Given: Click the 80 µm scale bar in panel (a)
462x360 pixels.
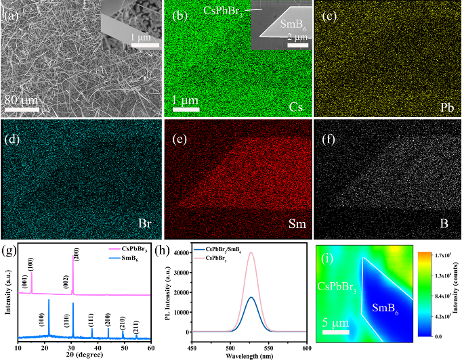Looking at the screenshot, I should pyautogui.click(x=22, y=108).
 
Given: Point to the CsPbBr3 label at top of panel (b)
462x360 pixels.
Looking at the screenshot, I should pyautogui.click(x=224, y=10).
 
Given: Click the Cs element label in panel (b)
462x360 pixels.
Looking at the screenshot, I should pyautogui.click(x=294, y=107).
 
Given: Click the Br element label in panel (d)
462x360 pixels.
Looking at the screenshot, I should pyautogui.click(x=140, y=222).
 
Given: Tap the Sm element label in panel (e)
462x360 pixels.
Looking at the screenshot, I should pyautogui.click(x=293, y=222).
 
